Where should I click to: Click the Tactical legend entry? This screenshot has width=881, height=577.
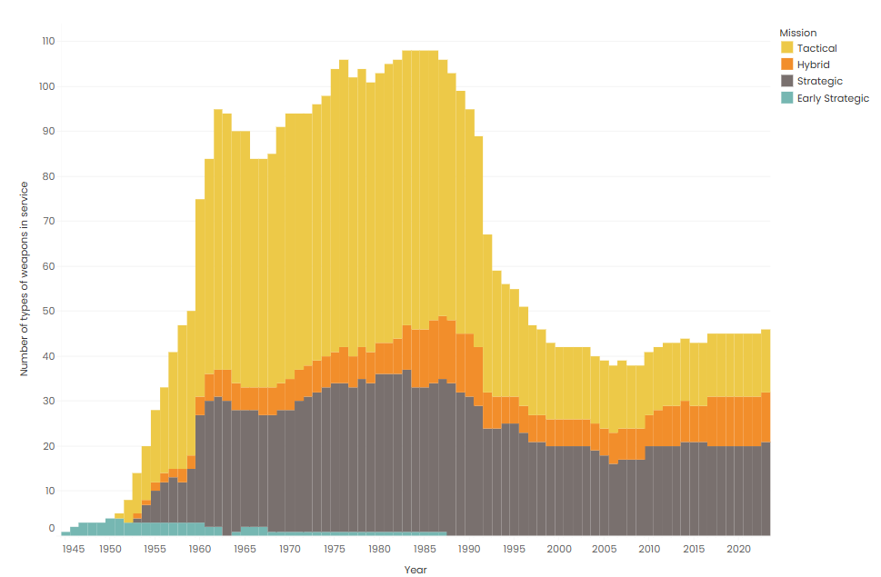click(816, 48)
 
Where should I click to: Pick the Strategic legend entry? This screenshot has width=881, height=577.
click(819, 81)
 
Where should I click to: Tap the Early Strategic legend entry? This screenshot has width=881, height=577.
click(833, 98)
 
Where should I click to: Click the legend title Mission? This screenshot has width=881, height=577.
click(797, 33)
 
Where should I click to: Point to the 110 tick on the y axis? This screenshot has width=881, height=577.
click(48, 41)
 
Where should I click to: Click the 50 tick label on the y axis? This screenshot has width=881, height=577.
click(50, 311)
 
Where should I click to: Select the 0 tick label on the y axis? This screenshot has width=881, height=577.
click(52, 528)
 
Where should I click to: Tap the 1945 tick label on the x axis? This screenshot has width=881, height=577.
click(74, 549)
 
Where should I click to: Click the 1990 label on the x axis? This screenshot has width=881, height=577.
click(469, 549)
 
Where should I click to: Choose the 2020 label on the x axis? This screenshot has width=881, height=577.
click(739, 549)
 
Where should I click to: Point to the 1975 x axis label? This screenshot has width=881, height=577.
click(335, 549)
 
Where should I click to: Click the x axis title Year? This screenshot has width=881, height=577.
click(415, 570)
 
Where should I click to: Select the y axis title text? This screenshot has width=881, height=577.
click(25, 279)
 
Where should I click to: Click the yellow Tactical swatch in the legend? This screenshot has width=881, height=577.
click(787, 48)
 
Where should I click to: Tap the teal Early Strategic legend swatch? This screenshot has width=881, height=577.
click(787, 98)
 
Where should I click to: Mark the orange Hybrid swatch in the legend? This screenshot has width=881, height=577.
click(787, 65)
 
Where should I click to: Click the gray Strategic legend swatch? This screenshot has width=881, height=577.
click(787, 81)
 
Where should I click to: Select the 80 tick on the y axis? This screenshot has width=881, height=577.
click(50, 176)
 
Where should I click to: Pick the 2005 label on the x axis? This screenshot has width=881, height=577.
click(605, 549)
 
